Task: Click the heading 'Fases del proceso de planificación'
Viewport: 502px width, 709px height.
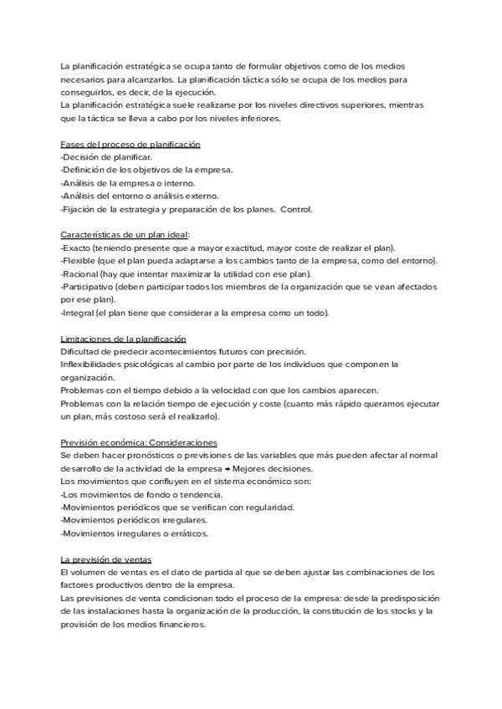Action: pyautogui.click(x=131, y=145)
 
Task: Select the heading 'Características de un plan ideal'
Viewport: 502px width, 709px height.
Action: pyautogui.click(x=125, y=235)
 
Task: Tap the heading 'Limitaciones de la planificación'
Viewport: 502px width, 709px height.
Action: pyautogui.click(x=124, y=339)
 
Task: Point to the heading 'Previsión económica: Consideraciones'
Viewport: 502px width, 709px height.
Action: pyautogui.click(x=139, y=441)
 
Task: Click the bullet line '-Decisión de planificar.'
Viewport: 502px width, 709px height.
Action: pyautogui.click(x=107, y=157)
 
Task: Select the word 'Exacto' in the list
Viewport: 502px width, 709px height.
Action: pyautogui.click(x=77, y=248)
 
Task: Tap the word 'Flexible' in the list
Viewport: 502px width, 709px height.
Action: pyautogui.click(x=79, y=261)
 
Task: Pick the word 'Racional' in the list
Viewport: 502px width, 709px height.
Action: pyautogui.click(x=80, y=273)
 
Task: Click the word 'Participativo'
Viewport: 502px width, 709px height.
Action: pyautogui.click(x=89, y=287)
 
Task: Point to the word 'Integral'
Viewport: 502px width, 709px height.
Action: pyautogui.click(x=79, y=313)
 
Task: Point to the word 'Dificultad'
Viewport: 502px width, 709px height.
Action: pyautogui.click(x=82, y=351)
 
